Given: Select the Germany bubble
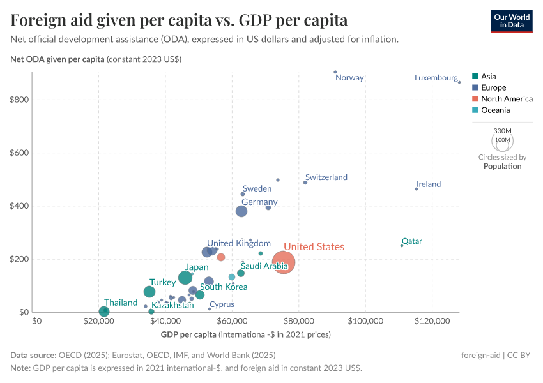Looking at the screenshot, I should [241, 211].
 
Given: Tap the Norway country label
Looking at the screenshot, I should [349, 78].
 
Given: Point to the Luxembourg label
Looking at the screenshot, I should [436, 78].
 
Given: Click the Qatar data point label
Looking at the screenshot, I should [411, 241].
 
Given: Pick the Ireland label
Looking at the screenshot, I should [429, 184].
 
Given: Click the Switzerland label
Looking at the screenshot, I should [326, 177].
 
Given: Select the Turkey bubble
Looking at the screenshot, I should [149, 292].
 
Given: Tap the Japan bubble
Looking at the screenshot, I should [185, 277].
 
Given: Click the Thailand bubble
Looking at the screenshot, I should [104, 312].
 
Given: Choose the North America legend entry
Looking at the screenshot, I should [507, 99].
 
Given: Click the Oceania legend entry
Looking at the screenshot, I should [495, 110].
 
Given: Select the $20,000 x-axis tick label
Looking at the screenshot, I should [99, 321].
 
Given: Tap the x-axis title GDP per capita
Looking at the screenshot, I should [188, 334].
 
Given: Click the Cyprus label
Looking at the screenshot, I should [222, 304].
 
